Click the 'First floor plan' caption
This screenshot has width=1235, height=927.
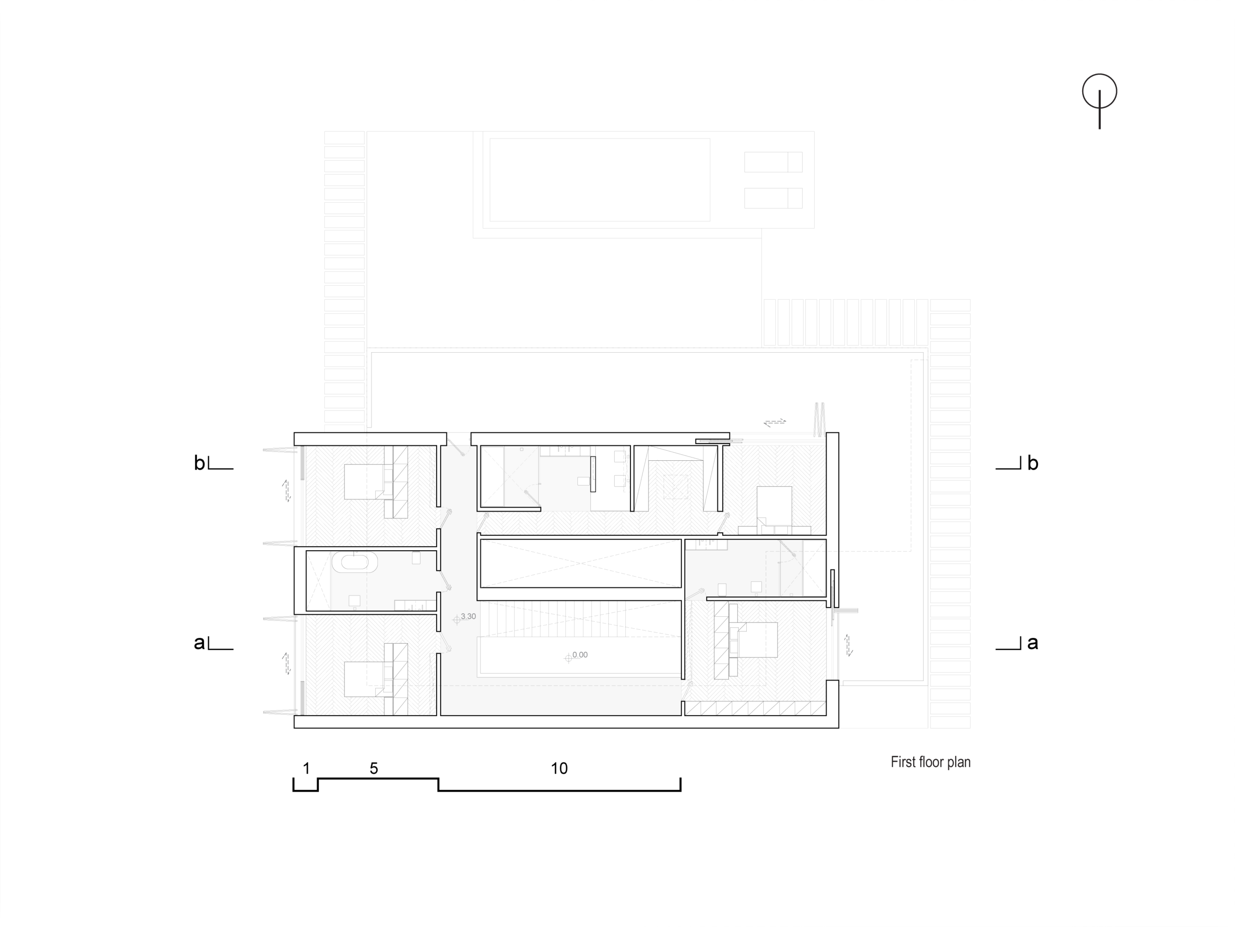930,762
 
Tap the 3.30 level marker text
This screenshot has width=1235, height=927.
468,617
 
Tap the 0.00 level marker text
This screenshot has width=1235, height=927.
579,655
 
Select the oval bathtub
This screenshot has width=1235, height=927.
355,562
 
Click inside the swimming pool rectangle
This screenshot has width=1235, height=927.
600,180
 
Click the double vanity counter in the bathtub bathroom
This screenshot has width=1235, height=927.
414,605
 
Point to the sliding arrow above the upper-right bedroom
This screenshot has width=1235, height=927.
774,422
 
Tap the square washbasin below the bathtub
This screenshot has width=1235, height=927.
354,600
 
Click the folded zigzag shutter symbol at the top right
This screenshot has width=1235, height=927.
819,419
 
